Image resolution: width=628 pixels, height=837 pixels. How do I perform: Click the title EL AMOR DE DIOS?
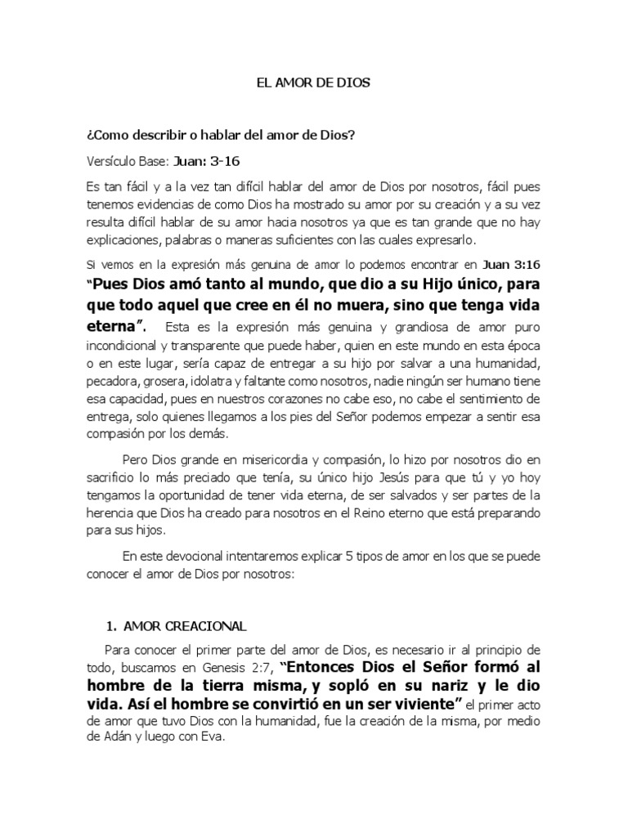pos(314,83)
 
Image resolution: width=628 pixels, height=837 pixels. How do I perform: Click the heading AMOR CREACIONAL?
pos(185,626)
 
